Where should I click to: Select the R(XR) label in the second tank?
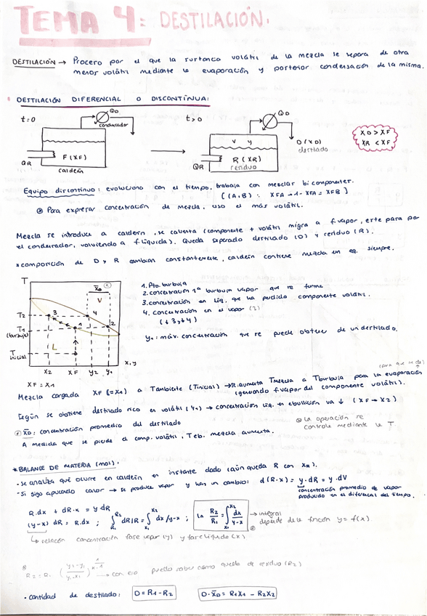(x=246, y=159)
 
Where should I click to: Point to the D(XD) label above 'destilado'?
(x=309, y=142)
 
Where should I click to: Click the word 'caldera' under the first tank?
(x=70, y=171)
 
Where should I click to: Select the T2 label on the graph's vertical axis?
(x=22, y=315)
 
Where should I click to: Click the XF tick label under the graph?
(x=73, y=371)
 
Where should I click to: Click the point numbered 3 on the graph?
(x=53, y=312)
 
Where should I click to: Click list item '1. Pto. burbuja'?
(x=165, y=285)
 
